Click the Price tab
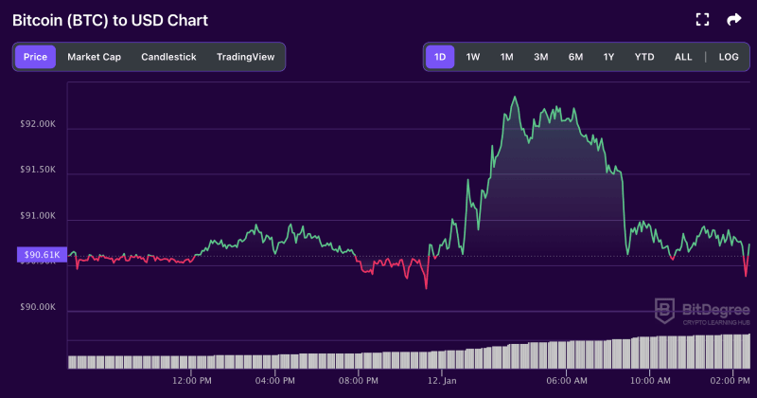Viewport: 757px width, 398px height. tap(35, 57)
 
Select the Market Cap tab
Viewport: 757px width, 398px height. tap(94, 57)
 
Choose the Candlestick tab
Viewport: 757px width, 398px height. tap(168, 57)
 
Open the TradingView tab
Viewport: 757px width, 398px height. tap(246, 57)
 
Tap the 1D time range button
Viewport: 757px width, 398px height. tap(440, 57)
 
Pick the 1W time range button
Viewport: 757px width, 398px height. tap(473, 57)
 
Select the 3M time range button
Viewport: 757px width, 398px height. tap(540, 57)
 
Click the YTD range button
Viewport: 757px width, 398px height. tap(644, 57)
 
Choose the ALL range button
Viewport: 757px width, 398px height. tap(683, 57)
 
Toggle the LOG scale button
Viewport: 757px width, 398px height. tap(729, 57)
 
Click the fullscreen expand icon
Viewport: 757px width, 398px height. tap(702, 19)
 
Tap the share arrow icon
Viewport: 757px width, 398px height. tap(733, 19)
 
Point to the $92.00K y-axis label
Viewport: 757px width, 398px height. tap(38, 124)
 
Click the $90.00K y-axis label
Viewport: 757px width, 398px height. tap(38, 308)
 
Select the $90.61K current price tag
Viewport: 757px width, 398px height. tap(42, 254)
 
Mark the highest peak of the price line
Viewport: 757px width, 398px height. tap(514, 97)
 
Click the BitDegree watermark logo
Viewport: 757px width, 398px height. tap(701, 311)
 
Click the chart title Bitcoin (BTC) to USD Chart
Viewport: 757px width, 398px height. tap(110, 20)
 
